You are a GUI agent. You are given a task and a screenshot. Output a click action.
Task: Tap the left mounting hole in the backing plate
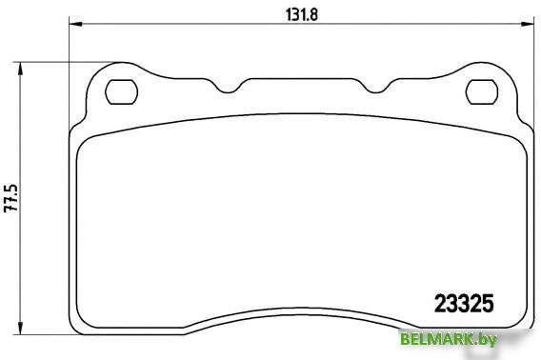(119, 91)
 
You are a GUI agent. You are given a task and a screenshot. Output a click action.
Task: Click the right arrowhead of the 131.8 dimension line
(523, 28)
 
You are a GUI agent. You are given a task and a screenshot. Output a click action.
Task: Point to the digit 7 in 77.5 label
(11, 211)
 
